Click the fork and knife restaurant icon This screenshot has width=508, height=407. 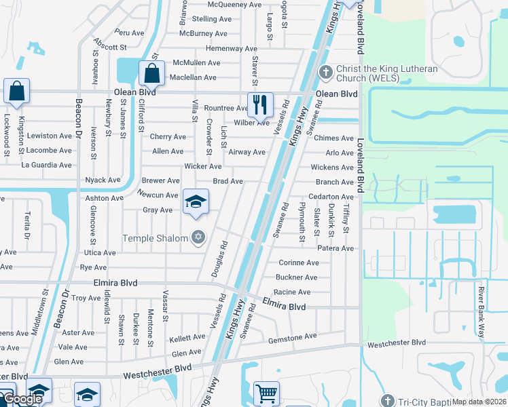pyautogui.click(x=259, y=104)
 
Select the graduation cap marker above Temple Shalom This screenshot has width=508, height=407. pyautogui.click(x=196, y=202)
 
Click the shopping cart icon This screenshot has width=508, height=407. pyautogui.click(x=266, y=393)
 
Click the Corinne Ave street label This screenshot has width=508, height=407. pyautogui.click(x=299, y=263)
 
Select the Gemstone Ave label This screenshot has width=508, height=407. pyautogui.click(x=293, y=336)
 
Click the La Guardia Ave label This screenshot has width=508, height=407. pyautogui.click(x=46, y=165)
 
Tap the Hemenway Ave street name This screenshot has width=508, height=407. pyautogui.click(x=232, y=49)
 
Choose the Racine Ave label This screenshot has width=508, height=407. pyautogui.click(x=293, y=292)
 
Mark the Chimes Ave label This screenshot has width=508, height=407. pyautogui.click(x=334, y=138)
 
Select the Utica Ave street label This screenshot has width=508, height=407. pyautogui.click(x=100, y=252)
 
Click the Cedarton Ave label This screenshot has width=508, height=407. pyautogui.click(x=331, y=197)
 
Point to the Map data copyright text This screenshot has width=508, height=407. pyautogui.click(x=479, y=402)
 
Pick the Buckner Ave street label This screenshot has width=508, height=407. pyautogui.click(x=296, y=277)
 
